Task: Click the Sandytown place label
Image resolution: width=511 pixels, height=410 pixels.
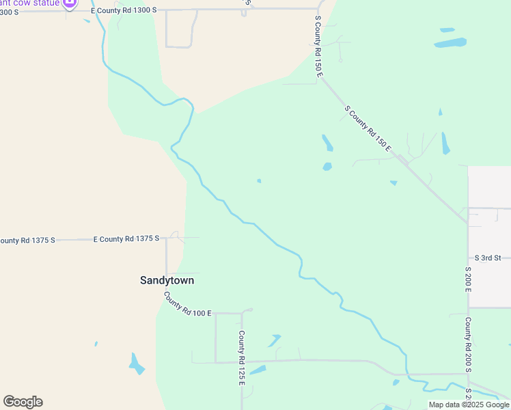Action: click(x=167, y=280)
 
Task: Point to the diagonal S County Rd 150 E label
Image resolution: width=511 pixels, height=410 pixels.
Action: click(x=368, y=128)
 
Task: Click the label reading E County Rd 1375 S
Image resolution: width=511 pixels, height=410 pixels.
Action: click(x=126, y=238)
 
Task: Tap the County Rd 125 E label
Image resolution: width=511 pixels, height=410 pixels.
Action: click(x=241, y=358)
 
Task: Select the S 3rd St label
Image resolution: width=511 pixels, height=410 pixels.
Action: click(x=488, y=258)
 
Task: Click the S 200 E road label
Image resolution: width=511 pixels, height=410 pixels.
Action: click(x=468, y=279)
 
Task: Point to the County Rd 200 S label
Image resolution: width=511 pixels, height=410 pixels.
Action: click(x=468, y=344)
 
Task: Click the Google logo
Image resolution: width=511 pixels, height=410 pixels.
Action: click(x=23, y=402)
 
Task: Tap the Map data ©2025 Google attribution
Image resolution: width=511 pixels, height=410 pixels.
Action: click(x=469, y=405)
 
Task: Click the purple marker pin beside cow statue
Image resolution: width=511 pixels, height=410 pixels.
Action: click(x=69, y=4)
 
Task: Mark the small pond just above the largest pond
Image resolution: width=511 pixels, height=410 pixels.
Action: click(x=447, y=30)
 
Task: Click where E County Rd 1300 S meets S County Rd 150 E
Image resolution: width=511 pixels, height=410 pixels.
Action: click(x=316, y=10)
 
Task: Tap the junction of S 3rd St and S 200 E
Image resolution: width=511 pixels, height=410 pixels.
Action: click(x=468, y=258)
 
